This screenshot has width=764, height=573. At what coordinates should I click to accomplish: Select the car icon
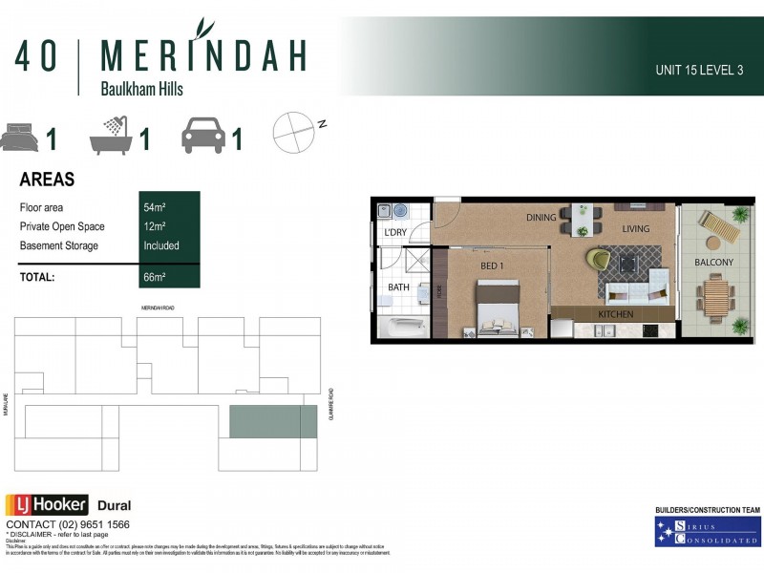tap(202, 138)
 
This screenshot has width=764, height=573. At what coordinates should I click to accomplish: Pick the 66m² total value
tap(154, 277)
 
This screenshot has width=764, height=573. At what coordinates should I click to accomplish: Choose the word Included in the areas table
tap(161, 245)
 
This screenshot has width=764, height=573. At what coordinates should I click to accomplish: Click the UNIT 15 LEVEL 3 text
tap(699, 71)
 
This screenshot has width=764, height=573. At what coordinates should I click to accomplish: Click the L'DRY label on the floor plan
tap(395, 233)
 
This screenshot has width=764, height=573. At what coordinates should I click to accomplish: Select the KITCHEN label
tap(615, 314)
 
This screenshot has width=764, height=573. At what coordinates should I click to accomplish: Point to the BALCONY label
tap(713, 263)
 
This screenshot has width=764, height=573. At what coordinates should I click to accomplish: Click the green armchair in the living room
tap(599, 259)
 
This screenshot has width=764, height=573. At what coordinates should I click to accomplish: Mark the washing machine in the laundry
tap(400, 212)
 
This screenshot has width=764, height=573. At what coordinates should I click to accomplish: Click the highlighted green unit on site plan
tap(272, 421)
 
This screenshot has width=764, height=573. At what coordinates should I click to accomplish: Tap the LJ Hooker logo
tap(47, 505)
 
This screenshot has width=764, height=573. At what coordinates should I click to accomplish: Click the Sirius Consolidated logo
tap(708, 532)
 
